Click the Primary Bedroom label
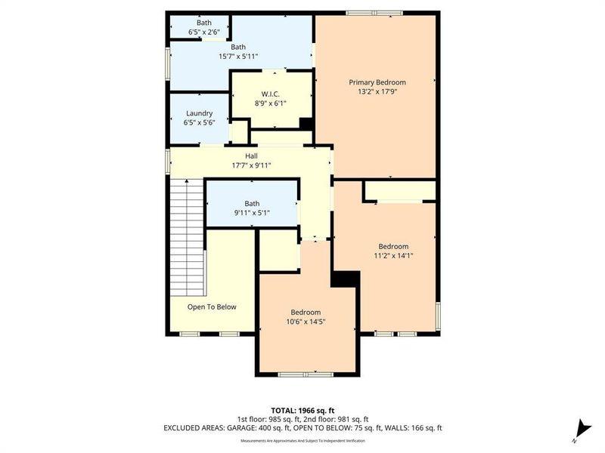[377, 82]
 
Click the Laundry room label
[199, 113]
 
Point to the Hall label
[251, 156]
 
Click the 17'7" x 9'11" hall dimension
[251, 165]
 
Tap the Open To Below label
[212, 307]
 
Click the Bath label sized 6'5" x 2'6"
[204, 23]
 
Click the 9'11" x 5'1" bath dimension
[252, 214]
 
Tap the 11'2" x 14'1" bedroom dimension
[393, 256]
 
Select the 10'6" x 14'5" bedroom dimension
[306, 322]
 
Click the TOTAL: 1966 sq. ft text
[302, 409]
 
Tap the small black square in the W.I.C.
[306, 124]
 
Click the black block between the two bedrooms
[345, 279]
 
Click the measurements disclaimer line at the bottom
[302, 440]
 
